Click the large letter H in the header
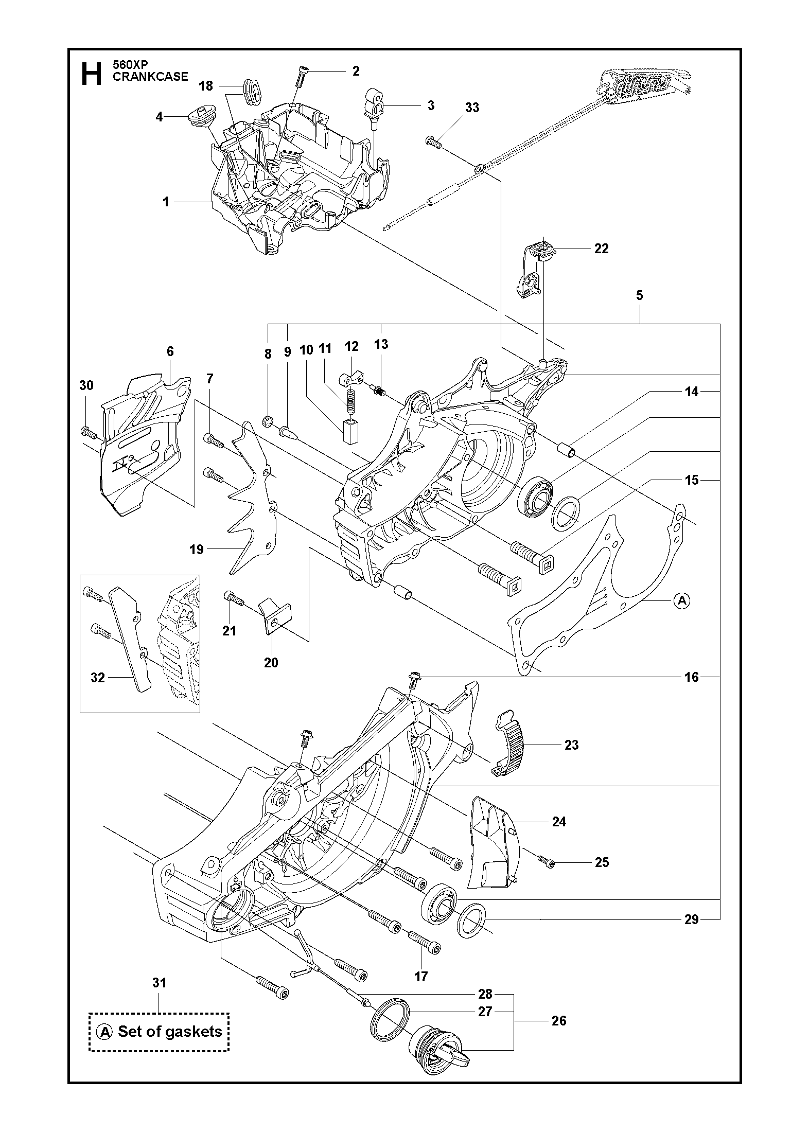click(x=92, y=74)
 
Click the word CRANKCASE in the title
click(x=150, y=77)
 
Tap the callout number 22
click(x=601, y=249)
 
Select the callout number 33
click(x=472, y=107)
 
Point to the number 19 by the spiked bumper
click(x=197, y=550)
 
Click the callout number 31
click(x=160, y=983)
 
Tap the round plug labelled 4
click(x=198, y=120)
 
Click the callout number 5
click(x=639, y=295)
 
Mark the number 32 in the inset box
click(x=97, y=678)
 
